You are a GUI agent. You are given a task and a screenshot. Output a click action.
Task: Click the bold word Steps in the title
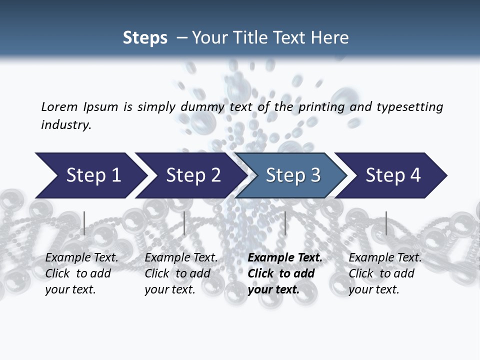145,38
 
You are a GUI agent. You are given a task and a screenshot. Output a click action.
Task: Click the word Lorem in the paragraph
59,107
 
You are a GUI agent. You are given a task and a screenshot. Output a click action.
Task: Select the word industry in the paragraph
65,125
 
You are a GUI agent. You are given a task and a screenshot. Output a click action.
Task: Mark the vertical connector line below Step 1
84,223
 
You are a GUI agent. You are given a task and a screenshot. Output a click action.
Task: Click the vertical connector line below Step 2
184,223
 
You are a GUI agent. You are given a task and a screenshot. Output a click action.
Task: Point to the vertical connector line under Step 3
285,223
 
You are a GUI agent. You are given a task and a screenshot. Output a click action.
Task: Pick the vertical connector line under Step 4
386,223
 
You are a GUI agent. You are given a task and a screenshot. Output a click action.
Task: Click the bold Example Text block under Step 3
284,273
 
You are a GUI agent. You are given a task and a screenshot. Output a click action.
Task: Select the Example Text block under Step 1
81,273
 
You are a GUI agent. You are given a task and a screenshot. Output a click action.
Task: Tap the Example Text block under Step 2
181,273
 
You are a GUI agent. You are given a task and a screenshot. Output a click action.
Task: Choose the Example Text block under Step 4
385,273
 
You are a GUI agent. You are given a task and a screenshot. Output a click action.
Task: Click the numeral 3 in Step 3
315,175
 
